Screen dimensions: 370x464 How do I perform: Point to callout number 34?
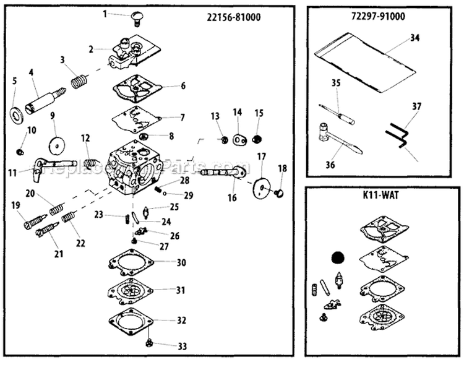coord(414,38)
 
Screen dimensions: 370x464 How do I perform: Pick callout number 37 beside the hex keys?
coord(417,106)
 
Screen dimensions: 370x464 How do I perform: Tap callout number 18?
coord(282,168)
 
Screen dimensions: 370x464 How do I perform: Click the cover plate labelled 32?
coord(131,322)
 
